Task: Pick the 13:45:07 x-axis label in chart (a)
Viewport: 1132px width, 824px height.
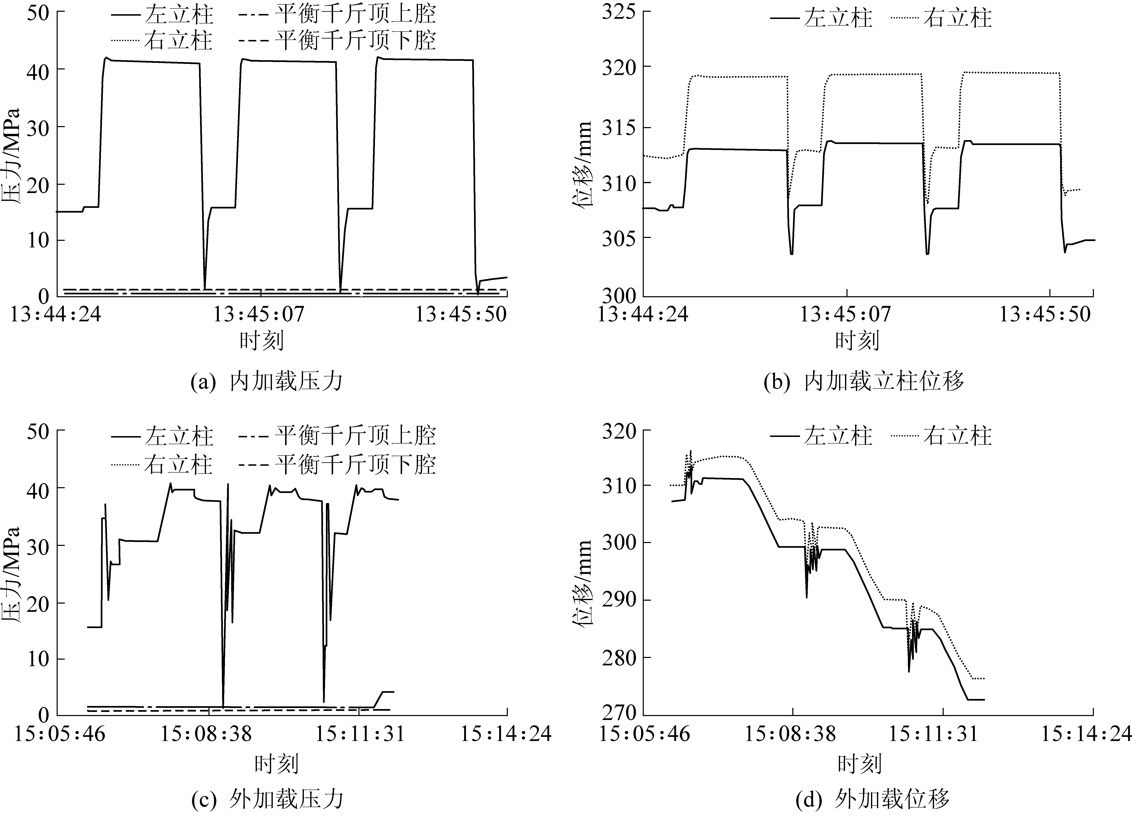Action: pos(259,314)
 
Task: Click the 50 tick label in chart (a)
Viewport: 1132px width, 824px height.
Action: pos(37,12)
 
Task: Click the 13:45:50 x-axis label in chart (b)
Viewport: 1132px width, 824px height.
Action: pos(1044,314)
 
